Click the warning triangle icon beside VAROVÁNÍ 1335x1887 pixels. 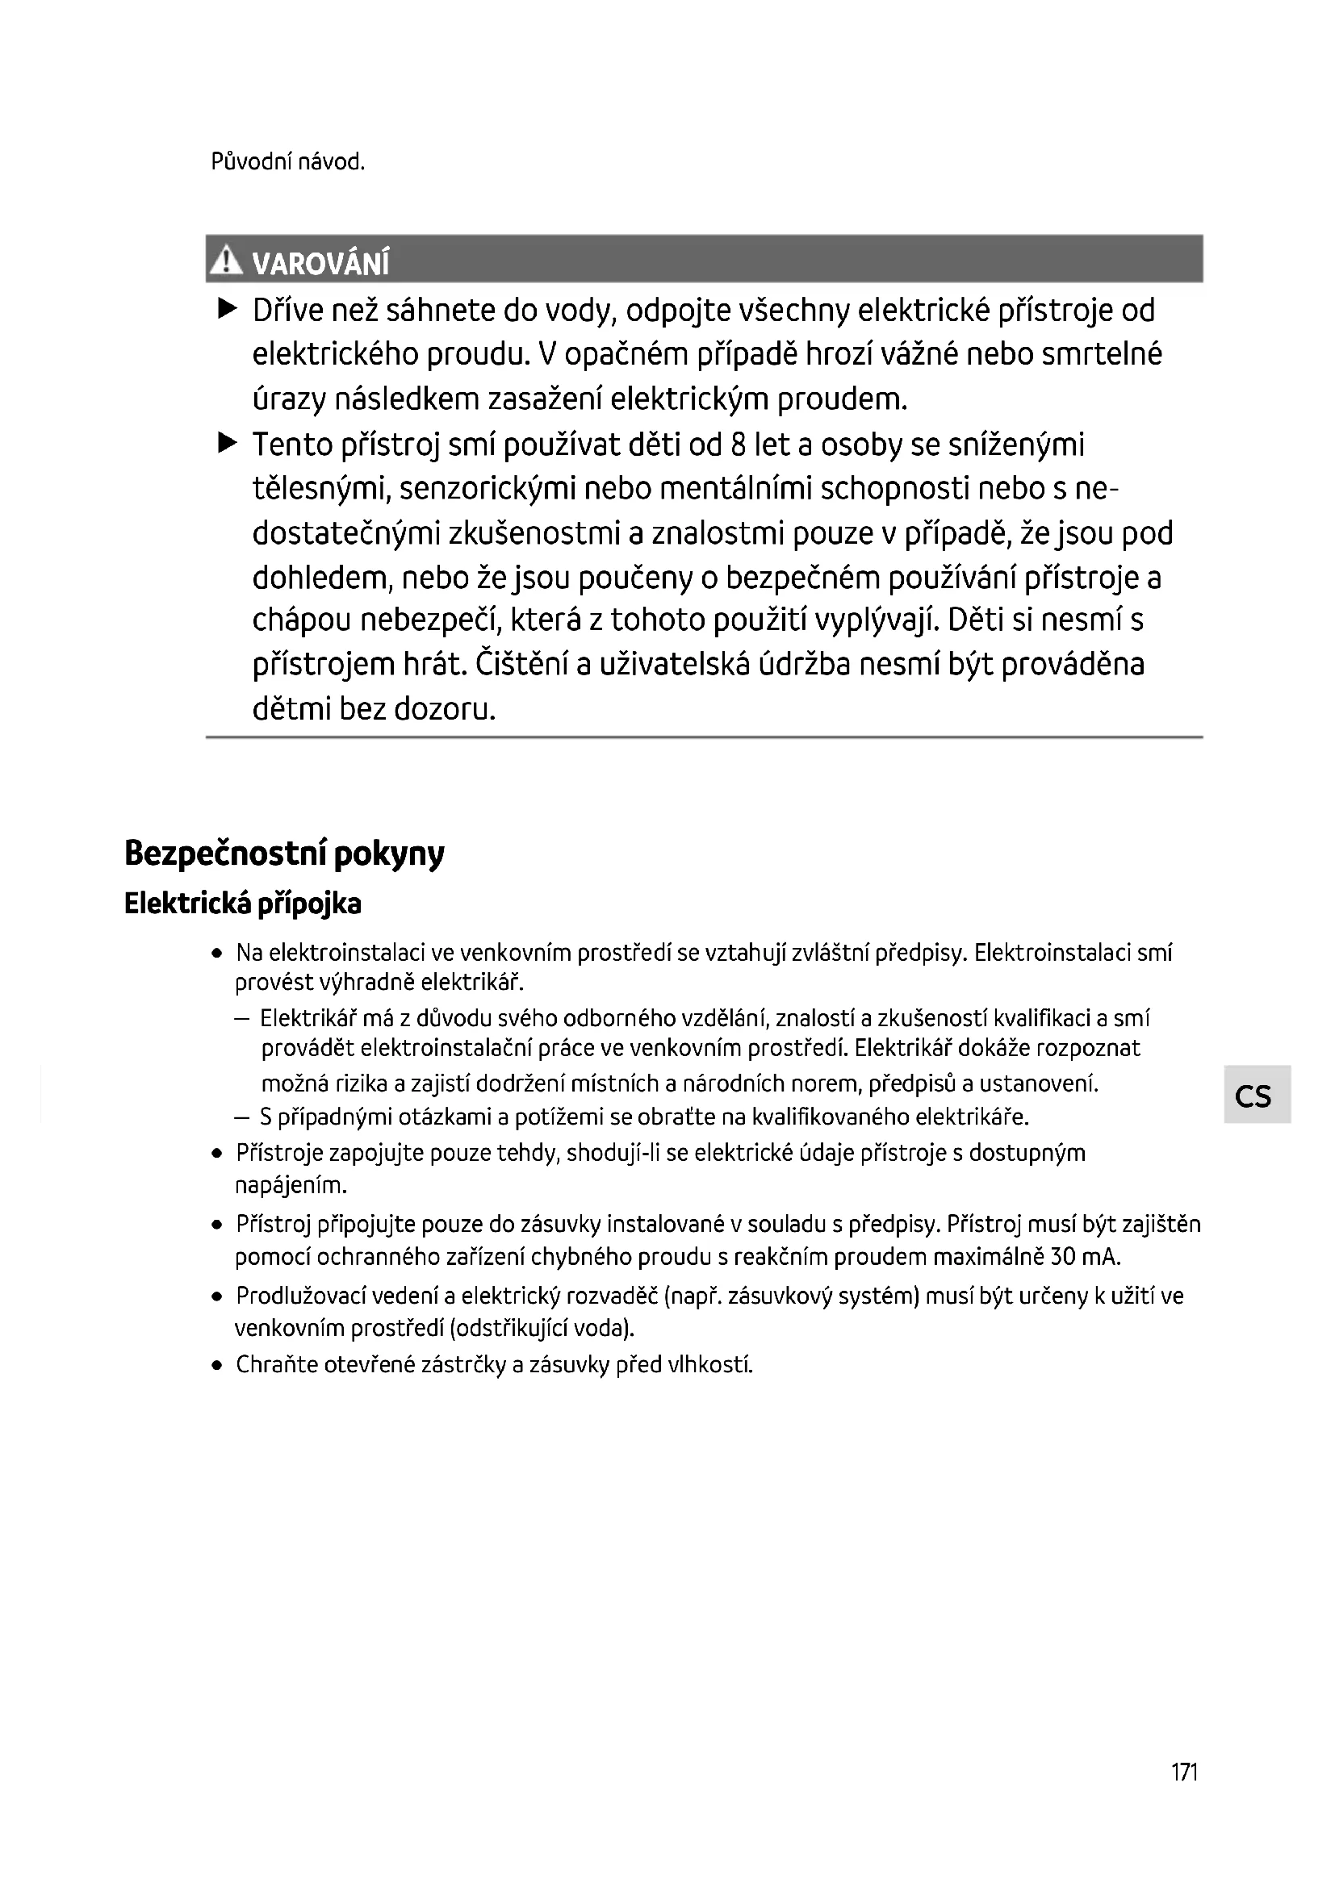click(x=225, y=261)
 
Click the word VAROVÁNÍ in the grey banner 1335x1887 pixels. click(x=320, y=264)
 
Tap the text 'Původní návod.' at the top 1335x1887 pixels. click(x=287, y=162)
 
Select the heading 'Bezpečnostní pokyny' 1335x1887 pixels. click(x=284, y=854)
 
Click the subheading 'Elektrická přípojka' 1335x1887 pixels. click(x=242, y=904)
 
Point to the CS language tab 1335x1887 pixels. click(x=1254, y=1096)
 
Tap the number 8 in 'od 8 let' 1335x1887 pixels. click(x=738, y=445)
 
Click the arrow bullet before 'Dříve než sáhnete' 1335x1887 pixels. click(x=228, y=310)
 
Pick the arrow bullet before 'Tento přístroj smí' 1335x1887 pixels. click(x=228, y=444)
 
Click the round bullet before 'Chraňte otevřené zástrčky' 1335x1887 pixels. click(x=217, y=1366)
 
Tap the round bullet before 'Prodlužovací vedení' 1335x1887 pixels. click(x=217, y=1297)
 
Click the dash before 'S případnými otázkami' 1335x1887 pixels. click(x=241, y=1117)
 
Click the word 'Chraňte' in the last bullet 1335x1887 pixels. click(x=277, y=1365)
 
